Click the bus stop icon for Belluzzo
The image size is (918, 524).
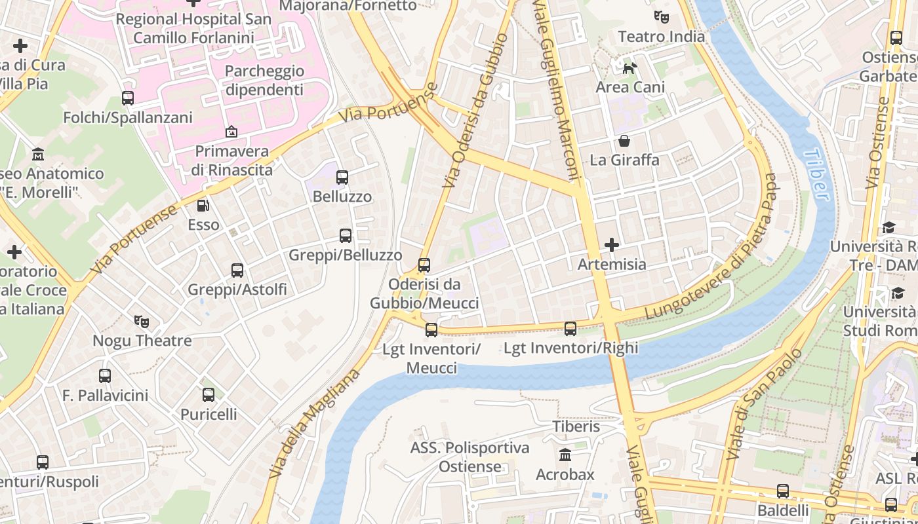(x=342, y=177)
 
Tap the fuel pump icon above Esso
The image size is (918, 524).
(x=203, y=206)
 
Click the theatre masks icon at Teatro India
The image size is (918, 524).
(x=661, y=17)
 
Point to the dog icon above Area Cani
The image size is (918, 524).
(x=629, y=67)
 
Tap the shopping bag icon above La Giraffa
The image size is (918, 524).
(x=624, y=141)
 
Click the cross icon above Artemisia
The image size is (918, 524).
(x=612, y=245)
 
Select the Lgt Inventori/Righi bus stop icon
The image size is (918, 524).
(x=570, y=329)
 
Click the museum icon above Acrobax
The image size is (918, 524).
(x=565, y=455)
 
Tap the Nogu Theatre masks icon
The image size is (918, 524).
(x=142, y=322)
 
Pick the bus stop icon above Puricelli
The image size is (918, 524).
(x=209, y=395)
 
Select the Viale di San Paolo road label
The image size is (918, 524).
(x=765, y=403)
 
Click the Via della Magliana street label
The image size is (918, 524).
(x=315, y=424)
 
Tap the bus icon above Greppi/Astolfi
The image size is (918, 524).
(x=237, y=270)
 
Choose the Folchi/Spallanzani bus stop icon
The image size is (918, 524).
(x=128, y=98)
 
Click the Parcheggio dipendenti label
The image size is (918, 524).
(x=264, y=80)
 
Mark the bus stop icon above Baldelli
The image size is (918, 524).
(x=782, y=491)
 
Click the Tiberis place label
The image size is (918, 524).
(x=576, y=426)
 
